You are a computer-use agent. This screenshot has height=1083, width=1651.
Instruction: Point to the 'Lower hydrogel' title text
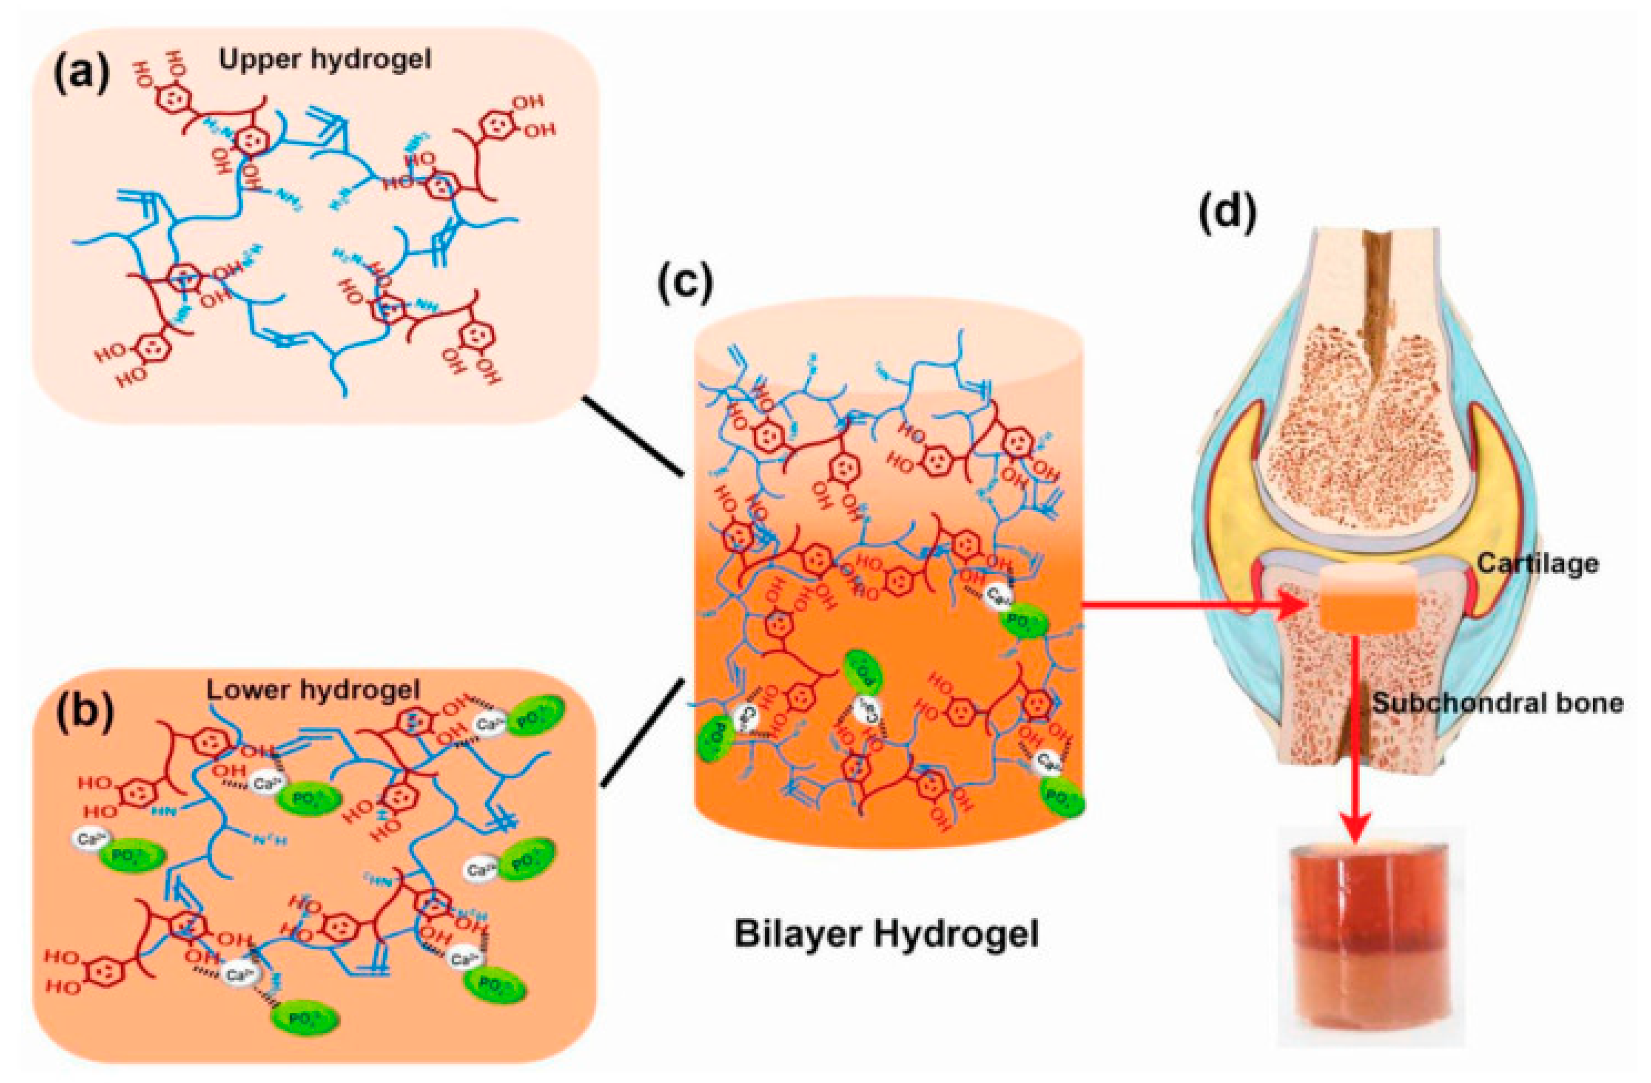tap(314, 690)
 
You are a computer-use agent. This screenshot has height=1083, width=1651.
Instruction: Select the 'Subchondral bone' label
tap(1498, 704)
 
